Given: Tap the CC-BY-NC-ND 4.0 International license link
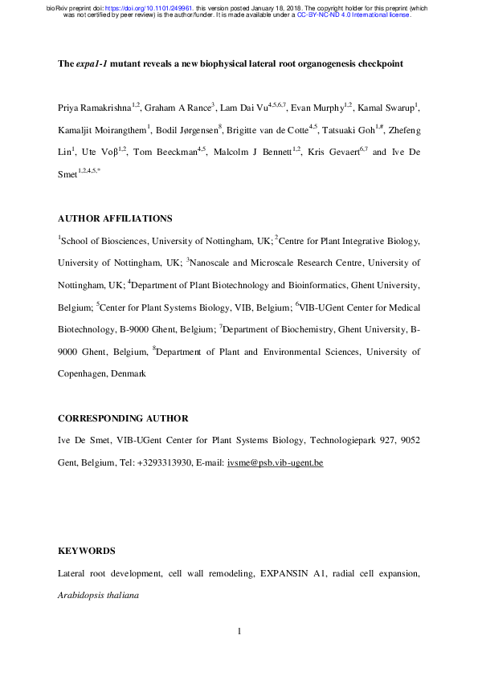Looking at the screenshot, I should click(x=353, y=14).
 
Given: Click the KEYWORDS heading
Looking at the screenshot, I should click(x=87, y=551).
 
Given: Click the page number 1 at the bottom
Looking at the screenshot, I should click(x=239, y=633).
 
